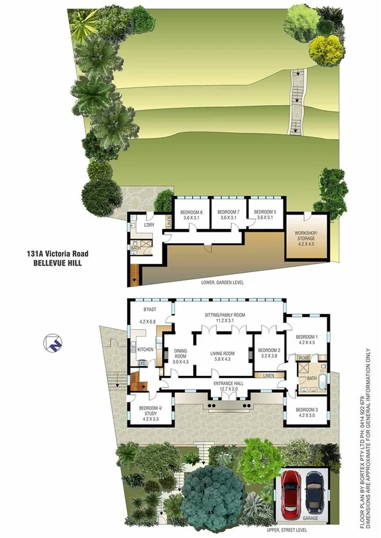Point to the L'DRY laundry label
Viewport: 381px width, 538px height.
pos(150,225)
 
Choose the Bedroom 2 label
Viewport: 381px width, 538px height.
pos(270,353)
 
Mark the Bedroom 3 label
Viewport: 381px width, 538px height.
pos(306,413)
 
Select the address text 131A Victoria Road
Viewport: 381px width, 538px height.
pos(53,252)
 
